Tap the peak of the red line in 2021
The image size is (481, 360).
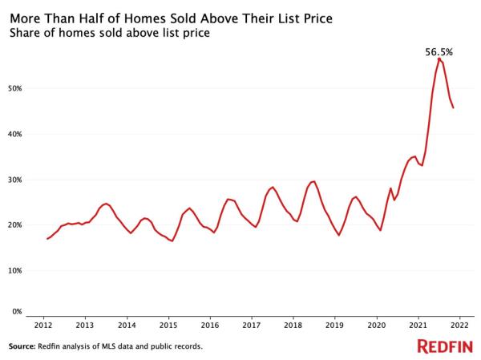pyautogui.click(x=439, y=59)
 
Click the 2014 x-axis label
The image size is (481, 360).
pyautogui.click(x=127, y=327)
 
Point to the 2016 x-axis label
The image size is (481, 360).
pyautogui.click(x=209, y=327)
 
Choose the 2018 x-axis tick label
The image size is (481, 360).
pyautogui.click(x=293, y=327)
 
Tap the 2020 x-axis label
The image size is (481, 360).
pyautogui.click(x=376, y=327)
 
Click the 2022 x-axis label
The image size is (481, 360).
pyautogui.click(x=459, y=327)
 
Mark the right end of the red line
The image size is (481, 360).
pyautogui.click(x=454, y=108)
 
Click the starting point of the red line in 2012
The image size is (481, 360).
pyautogui.click(x=47, y=239)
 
